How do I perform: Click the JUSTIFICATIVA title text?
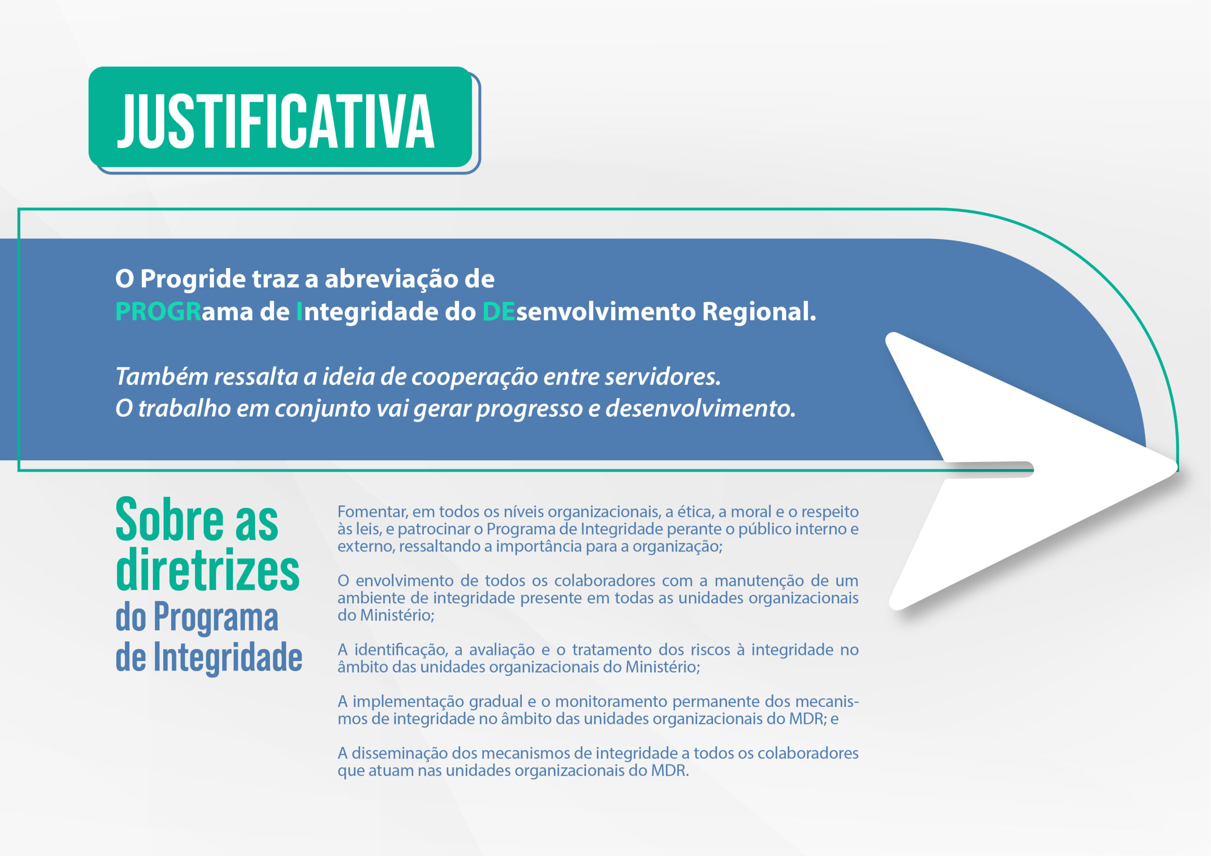[275, 122]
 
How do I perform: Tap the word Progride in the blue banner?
[193, 280]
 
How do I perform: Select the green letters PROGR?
[158, 311]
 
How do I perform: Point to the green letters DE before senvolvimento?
[499, 311]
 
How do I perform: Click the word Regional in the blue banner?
[759, 312]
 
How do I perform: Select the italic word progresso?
[529, 409]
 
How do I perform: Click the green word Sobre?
[169, 521]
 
